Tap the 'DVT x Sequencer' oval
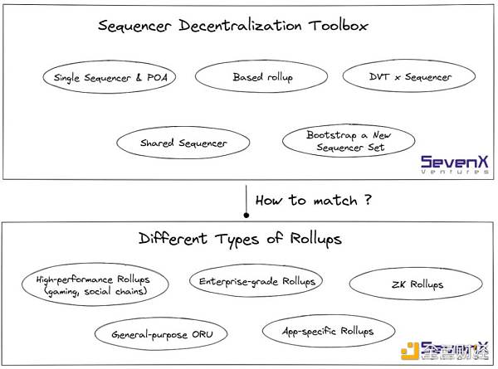click(409, 77)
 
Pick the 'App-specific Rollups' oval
click(329, 332)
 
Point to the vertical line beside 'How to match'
click(247, 199)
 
